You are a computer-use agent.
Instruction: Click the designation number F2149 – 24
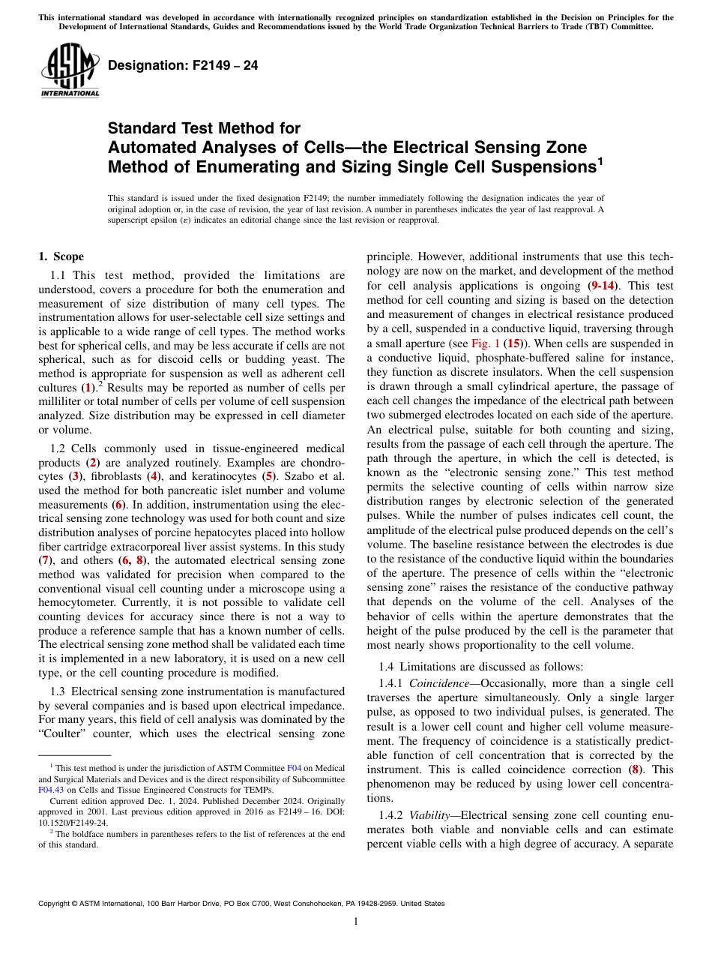tap(183, 65)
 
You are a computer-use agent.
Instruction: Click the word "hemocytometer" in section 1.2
tap(82, 603)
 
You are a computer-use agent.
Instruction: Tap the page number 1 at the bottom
tap(356, 922)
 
